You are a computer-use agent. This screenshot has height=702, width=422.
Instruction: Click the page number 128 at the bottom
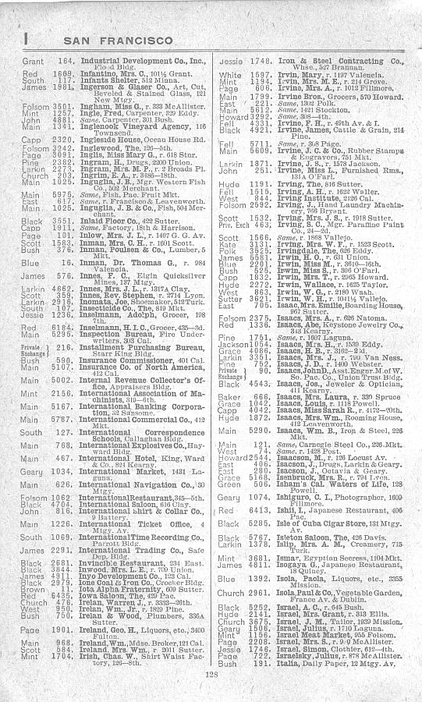click(x=211, y=675)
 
